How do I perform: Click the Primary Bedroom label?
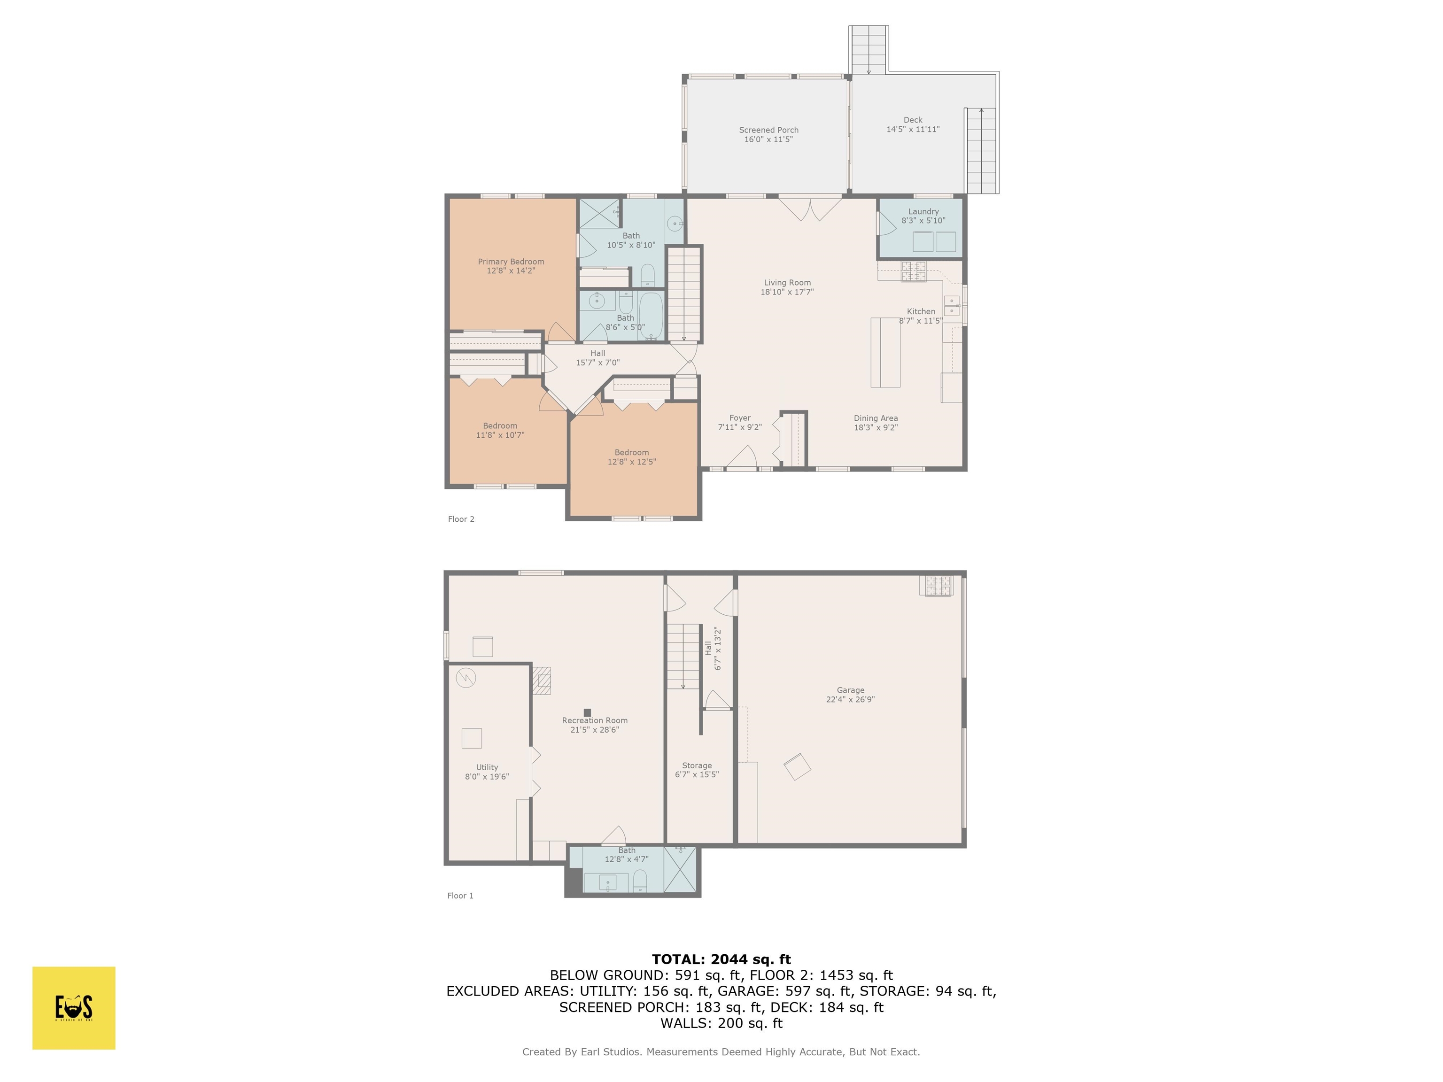point(511,262)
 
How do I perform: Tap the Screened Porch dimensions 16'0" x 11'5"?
point(768,139)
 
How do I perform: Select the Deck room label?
point(913,120)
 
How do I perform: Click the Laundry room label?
point(923,211)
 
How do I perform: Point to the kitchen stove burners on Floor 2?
point(913,270)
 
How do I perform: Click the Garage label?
point(850,690)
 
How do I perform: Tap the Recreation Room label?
point(594,721)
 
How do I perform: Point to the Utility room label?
point(487,768)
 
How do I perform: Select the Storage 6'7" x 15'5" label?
point(697,770)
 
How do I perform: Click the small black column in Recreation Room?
point(587,713)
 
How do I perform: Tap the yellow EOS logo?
point(74,1008)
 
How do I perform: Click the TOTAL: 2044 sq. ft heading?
point(721,959)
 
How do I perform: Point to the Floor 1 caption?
point(460,896)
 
